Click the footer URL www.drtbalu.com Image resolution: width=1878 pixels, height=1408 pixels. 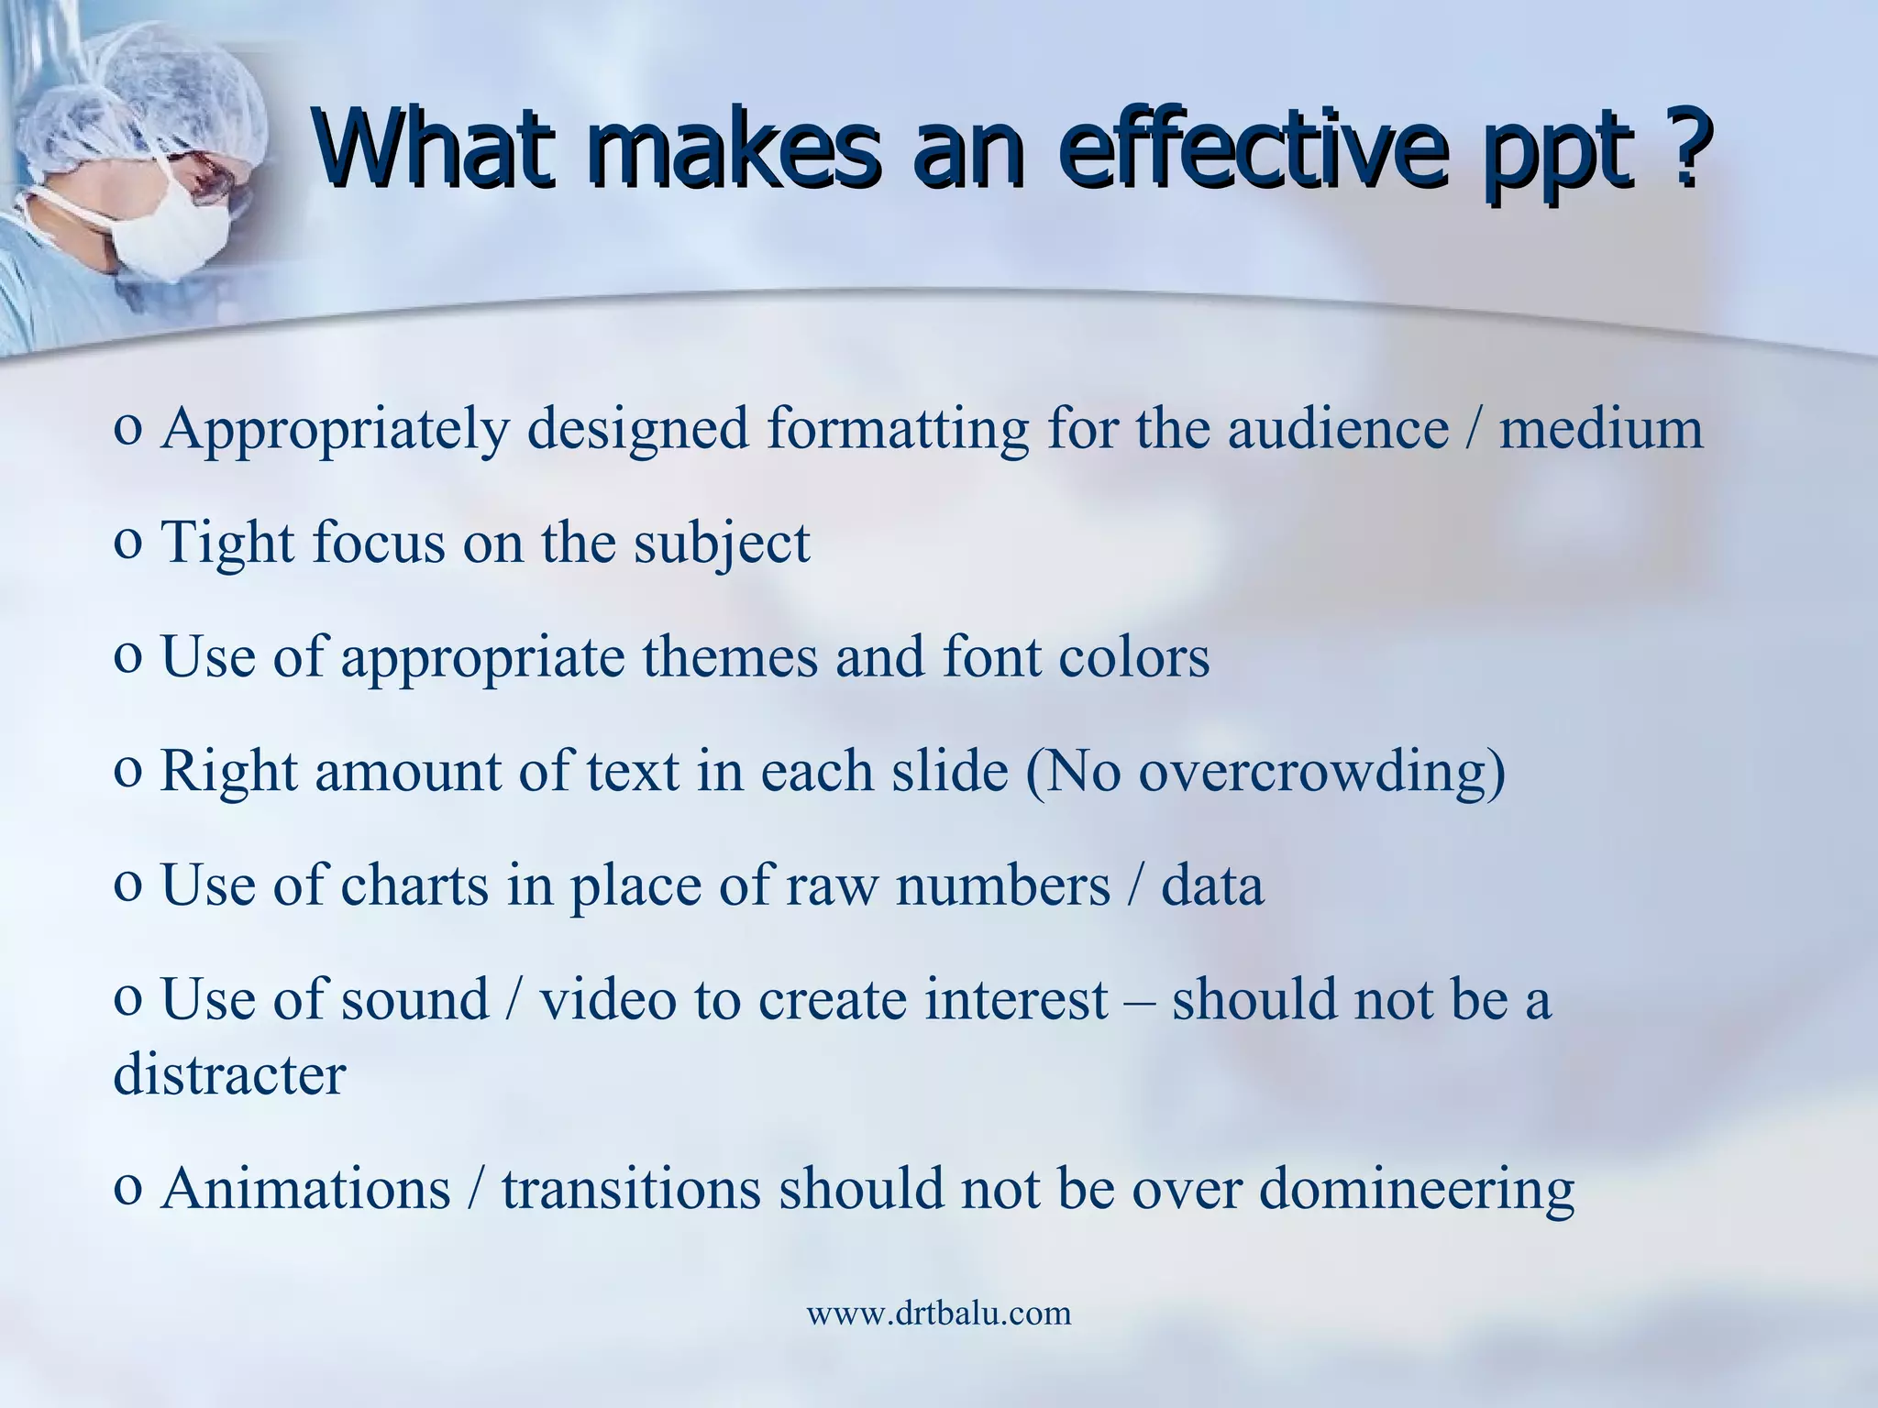(938, 1313)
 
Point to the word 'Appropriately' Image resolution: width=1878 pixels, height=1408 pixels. (335, 429)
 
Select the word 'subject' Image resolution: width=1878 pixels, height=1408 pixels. (722, 543)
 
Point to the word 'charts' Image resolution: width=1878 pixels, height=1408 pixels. (414, 885)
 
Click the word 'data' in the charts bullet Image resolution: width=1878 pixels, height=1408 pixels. (1211, 885)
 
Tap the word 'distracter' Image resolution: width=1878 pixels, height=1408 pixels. (229, 1073)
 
